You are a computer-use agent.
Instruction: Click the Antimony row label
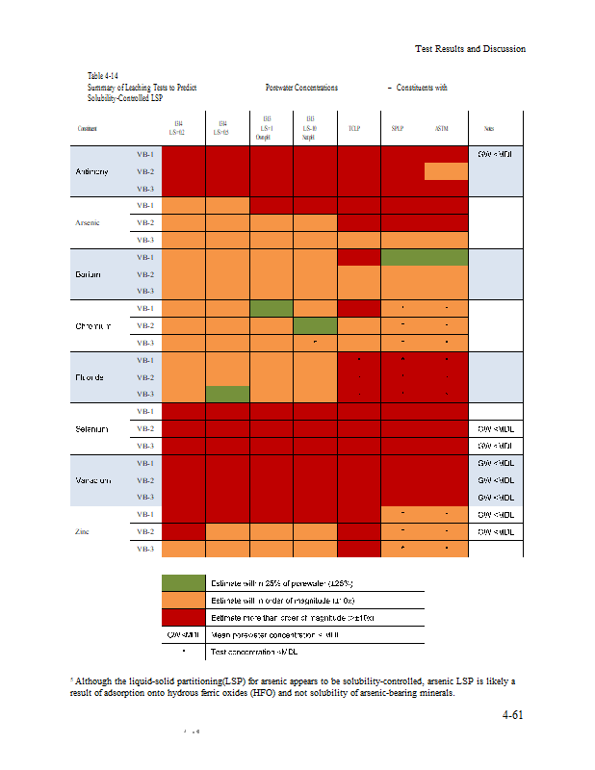(91, 171)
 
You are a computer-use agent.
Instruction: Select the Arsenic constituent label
(88, 222)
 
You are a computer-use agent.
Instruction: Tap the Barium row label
(89, 274)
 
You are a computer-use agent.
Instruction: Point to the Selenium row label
(91, 427)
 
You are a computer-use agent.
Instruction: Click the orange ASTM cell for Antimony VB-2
(446, 171)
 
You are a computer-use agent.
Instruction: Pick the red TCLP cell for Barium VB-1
(358, 257)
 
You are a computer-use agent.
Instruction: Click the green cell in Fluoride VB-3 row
(227, 393)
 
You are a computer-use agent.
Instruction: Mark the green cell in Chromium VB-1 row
(272, 308)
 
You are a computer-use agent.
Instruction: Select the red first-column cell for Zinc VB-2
(185, 531)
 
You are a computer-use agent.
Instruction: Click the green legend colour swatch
(184, 583)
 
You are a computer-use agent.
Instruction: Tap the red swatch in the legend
(184, 617)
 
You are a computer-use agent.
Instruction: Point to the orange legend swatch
(184, 601)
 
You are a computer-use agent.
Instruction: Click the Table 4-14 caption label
(103, 75)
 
